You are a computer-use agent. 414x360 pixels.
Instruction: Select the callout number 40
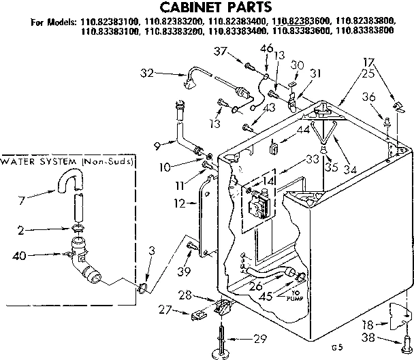pyautogui.click(x=21, y=256)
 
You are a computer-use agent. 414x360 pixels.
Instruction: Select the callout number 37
pyautogui.click(x=220, y=51)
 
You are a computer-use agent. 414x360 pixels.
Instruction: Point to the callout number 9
pyautogui.click(x=157, y=145)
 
